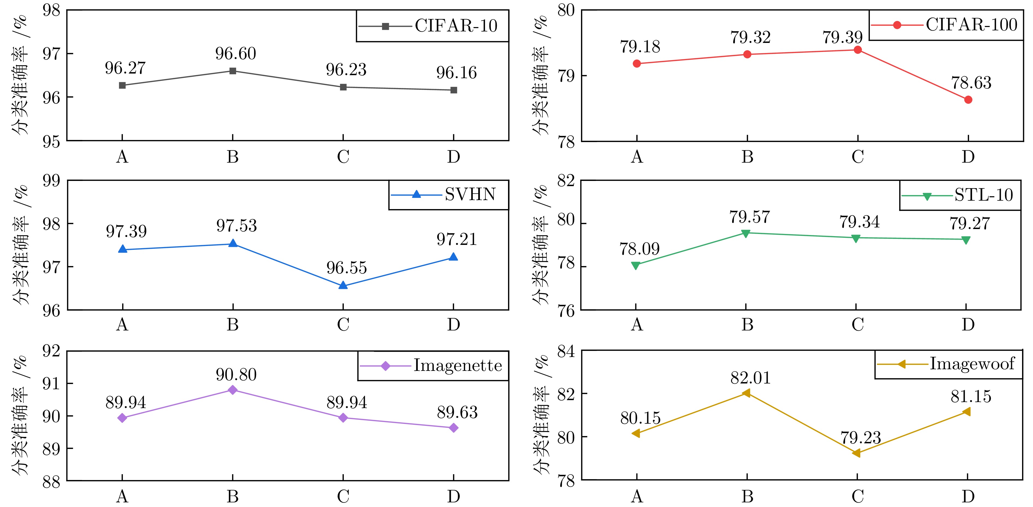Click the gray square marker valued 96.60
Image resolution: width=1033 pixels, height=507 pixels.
point(233,71)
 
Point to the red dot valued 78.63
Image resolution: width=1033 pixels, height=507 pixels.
point(968,99)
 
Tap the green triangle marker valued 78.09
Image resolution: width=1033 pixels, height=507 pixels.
point(636,266)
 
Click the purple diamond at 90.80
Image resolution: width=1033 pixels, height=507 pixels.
point(233,390)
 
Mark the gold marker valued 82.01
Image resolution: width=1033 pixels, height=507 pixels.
point(746,393)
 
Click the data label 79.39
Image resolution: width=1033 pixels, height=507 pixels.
point(843,37)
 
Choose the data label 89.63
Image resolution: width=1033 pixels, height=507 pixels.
point(457,412)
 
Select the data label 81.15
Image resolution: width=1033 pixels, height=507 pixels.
point(971,396)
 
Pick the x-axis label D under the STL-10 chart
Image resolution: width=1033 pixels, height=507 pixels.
point(968,324)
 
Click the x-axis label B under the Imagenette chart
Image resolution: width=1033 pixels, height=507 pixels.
point(233,497)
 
